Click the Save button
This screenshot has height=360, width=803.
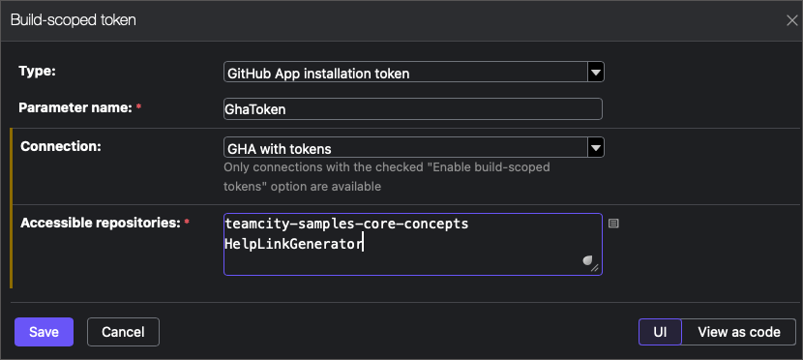tap(45, 332)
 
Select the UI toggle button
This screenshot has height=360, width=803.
tap(660, 332)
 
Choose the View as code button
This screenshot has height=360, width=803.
tap(739, 332)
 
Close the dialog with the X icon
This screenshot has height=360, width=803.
tap(791, 20)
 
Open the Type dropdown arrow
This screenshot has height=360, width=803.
tap(596, 73)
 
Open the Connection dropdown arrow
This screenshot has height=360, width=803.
tap(596, 147)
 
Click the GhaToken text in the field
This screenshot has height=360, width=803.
tap(255, 109)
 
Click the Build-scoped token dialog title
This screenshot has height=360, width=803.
tap(74, 20)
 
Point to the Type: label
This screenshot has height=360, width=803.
tap(37, 72)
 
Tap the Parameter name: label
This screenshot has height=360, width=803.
tap(75, 108)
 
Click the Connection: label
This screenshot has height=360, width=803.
tap(60, 146)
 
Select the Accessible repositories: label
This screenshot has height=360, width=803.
tap(101, 223)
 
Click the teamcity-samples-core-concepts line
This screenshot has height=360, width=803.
tap(346, 224)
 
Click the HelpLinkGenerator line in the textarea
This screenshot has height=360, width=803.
tap(293, 244)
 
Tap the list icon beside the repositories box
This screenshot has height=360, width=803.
tap(613, 224)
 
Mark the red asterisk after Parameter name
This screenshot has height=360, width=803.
tap(138, 107)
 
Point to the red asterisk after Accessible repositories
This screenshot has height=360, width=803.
tap(187, 222)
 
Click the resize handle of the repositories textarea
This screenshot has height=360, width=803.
tap(595, 267)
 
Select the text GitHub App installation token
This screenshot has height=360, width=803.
tap(318, 74)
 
